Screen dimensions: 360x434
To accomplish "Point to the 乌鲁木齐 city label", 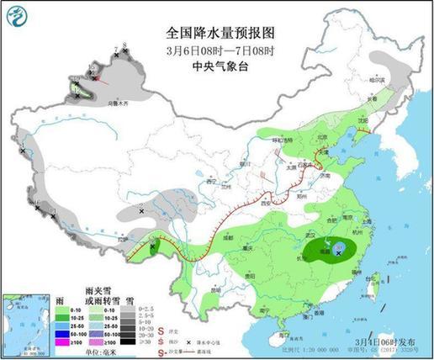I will pyautogui.click(x=99, y=103).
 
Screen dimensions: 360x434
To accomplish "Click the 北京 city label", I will pyautogui.click(x=319, y=135).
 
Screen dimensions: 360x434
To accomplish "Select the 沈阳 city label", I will pyautogui.click(x=362, y=120).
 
